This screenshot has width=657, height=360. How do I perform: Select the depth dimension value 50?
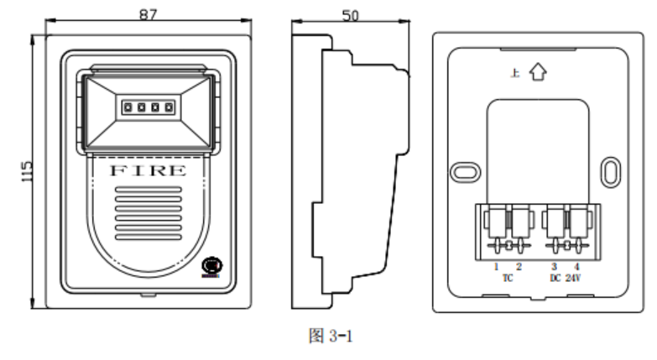pyautogui.click(x=352, y=13)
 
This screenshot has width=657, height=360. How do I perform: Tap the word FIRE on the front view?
pyautogui.click(x=149, y=170)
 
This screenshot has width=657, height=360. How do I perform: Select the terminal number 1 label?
pyautogui.click(x=496, y=266)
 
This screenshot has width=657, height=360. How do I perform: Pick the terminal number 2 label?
pyautogui.click(x=519, y=266)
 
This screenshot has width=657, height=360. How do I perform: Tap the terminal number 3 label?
pyautogui.click(x=554, y=266)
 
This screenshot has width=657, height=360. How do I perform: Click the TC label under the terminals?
pyautogui.click(x=508, y=277)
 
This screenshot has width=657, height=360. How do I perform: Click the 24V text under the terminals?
pyautogui.click(x=575, y=277)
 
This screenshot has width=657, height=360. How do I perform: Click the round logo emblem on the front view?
pyautogui.click(x=210, y=266)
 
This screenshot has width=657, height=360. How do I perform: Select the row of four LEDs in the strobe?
pyautogui.click(x=148, y=108)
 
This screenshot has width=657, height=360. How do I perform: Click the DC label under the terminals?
pyautogui.click(x=555, y=277)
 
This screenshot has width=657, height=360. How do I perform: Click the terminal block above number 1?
pyautogui.click(x=496, y=226)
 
